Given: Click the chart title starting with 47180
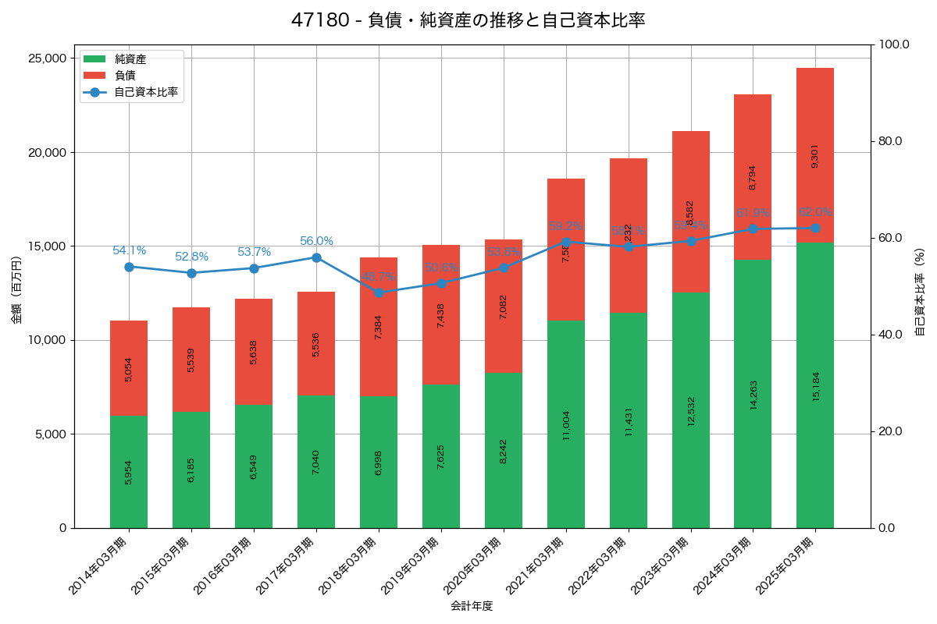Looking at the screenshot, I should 468,20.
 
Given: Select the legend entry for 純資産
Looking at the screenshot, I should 130,59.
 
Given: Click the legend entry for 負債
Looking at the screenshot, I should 125,76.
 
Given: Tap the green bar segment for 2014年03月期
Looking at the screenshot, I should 129,472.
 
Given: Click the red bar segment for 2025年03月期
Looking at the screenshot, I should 815,155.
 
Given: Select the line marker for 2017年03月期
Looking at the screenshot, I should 316,257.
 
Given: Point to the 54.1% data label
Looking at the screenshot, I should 129,250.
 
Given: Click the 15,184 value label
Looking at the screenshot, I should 816,385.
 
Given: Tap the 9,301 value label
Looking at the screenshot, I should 815,156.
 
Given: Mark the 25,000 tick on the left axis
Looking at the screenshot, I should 46,58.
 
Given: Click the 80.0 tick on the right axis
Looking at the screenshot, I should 889,141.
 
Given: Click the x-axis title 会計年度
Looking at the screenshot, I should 472,606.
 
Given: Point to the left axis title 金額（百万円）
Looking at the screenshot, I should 16,290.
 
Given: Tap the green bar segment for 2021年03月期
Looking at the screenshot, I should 566,424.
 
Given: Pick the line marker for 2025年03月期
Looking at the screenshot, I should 815,228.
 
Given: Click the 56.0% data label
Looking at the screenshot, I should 316,241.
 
